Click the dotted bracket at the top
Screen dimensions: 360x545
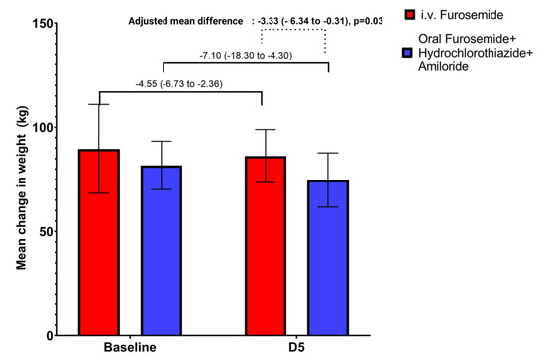[293, 30]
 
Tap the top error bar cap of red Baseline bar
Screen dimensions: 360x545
[99, 104]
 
